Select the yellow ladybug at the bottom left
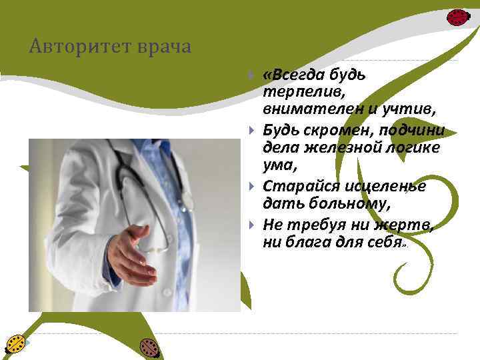[x=15, y=344]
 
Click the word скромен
[x=323, y=129]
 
